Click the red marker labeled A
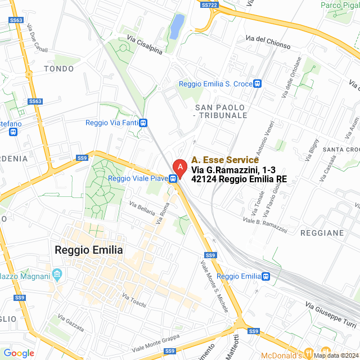pyautogui.click(x=179, y=167)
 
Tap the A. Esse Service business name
pyautogui.click(x=224, y=160)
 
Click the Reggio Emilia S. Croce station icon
pyautogui.click(x=257, y=84)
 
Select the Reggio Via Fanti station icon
pyautogui.click(x=144, y=123)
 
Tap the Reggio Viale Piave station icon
pyautogui.click(x=174, y=179)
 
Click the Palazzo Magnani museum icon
pyautogui.click(x=56, y=275)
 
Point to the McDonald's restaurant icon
pyautogui.click(x=309, y=353)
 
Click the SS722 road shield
pyautogui.click(x=209, y=5)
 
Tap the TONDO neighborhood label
pyautogui.click(x=58, y=69)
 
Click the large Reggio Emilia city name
pyautogui.click(x=88, y=250)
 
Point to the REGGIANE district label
pyautogui.click(x=322, y=232)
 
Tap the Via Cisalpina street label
pyautogui.click(x=145, y=46)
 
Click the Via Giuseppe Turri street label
pyautogui.click(x=331, y=313)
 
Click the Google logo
pyautogui.click(x=19, y=353)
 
